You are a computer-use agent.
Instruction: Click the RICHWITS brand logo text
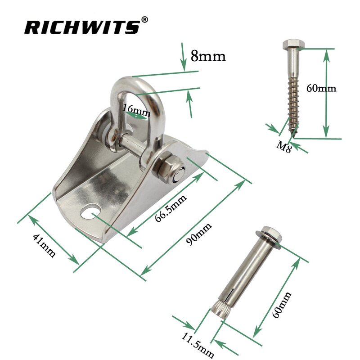pos(81,27)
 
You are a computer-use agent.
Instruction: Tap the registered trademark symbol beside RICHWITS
pos(144,19)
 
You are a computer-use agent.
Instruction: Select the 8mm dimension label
pos(208,56)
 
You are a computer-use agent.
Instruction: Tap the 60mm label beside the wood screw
pos(321,88)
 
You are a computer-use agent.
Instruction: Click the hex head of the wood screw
pos(293,45)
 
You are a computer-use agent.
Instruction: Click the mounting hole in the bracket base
pos(92,210)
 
